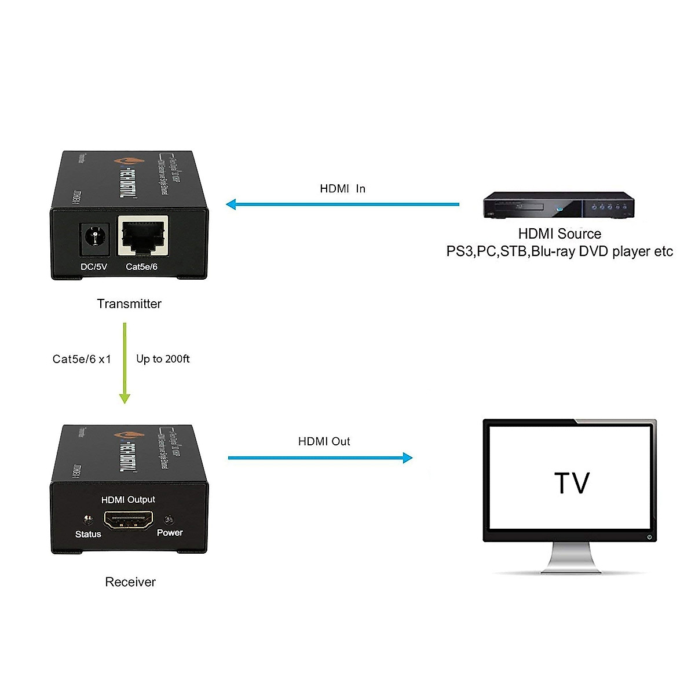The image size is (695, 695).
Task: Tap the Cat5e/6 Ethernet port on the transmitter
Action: tap(142, 236)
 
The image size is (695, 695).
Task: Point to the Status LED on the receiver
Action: tap(88, 520)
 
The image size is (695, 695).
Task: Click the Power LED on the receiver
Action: tap(169, 520)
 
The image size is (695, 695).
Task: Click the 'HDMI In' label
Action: tap(342, 189)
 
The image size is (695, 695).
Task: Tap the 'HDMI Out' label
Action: tap(324, 441)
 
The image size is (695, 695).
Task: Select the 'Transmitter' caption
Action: tap(129, 304)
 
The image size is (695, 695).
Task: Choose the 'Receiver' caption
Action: tap(130, 582)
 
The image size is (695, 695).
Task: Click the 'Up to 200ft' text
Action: tap(163, 359)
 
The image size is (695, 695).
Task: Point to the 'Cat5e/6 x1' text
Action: tap(82, 359)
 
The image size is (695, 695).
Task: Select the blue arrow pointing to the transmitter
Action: tap(342, 204)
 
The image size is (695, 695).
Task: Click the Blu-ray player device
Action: tap(558, 206)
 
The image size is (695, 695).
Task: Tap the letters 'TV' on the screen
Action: tap(572, 483)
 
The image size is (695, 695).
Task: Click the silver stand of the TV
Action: tap(570, 558)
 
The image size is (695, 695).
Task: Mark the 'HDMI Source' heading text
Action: tap(559, 234)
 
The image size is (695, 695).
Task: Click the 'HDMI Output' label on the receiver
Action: tap(128, 500)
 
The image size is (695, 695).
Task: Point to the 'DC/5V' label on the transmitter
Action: tap(93, 267)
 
